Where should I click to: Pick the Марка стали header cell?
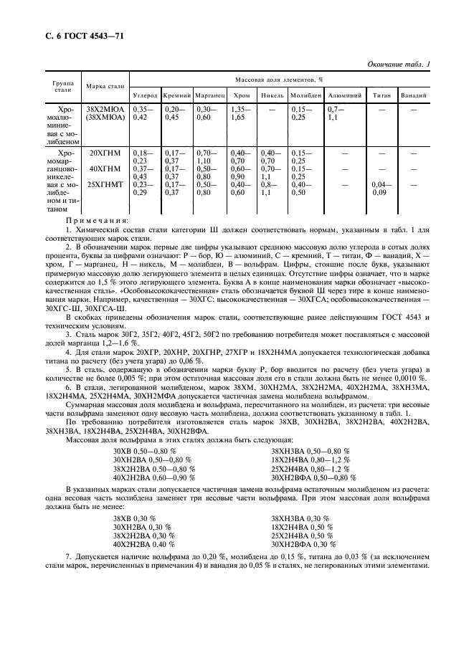[105, 87]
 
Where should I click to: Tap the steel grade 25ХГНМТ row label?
[105, 184]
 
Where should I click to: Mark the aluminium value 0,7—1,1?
[336, 113]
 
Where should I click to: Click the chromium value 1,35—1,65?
[240, 113]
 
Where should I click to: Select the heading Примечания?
[97, 221]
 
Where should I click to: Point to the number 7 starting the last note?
[68, 557]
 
